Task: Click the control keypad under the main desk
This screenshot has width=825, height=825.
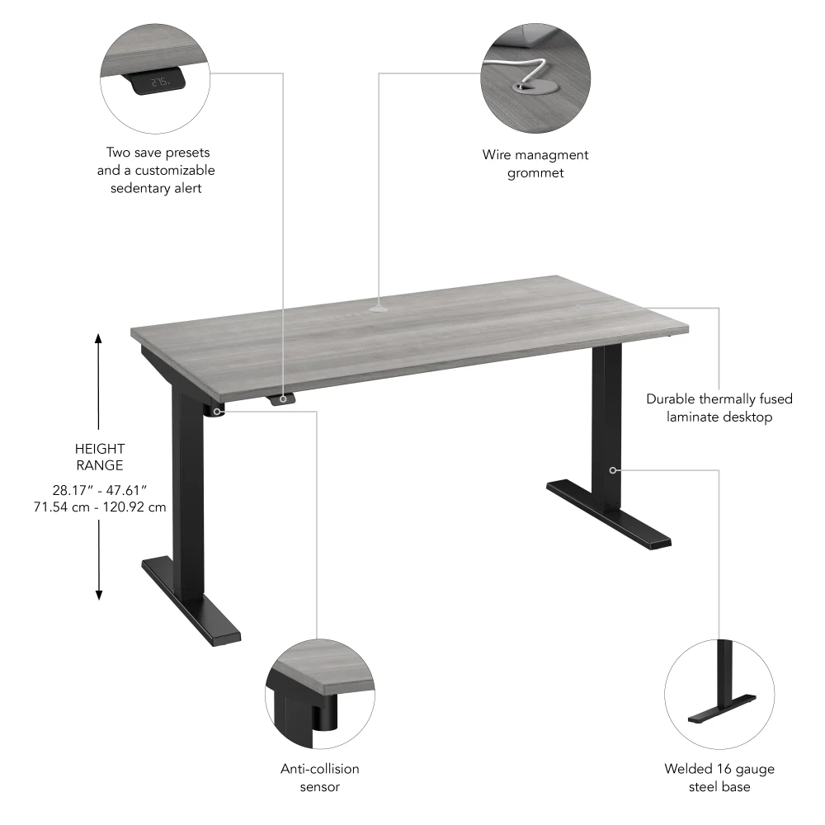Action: coord(282,399)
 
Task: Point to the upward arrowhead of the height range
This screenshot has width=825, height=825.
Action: coord(99,338)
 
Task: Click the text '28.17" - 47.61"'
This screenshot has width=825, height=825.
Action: coord(99,490)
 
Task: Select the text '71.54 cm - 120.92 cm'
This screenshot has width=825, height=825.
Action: coord(99,507)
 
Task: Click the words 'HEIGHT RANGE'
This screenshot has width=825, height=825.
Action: coord(99,457)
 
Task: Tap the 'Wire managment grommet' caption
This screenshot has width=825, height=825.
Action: coord(535,163)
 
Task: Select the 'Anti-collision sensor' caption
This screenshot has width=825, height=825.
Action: coord(320,777)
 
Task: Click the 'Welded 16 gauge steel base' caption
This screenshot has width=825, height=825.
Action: coord(719,777)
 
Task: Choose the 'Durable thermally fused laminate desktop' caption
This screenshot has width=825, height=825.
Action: coord(719,408)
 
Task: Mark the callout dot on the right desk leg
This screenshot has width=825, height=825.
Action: coord(613,469)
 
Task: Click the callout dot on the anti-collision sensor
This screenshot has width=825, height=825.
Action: coord(217,410)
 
